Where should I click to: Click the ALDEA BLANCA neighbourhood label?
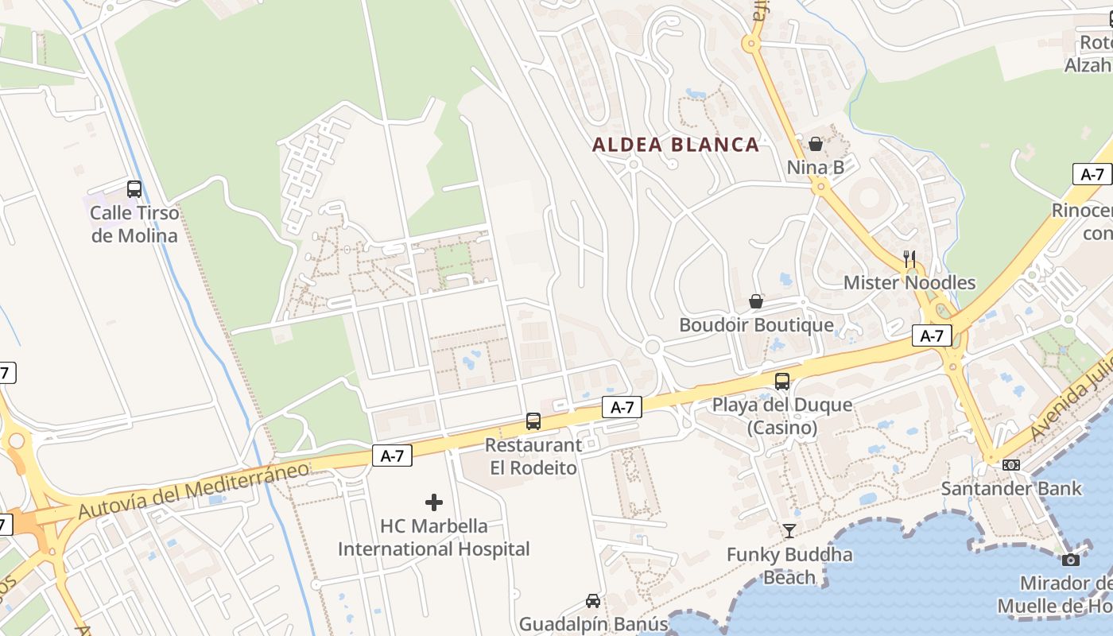(676, 145)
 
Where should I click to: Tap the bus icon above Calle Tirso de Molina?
(134, 189)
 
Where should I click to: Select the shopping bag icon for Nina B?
(815, 144)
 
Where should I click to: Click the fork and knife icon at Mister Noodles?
(909, 258)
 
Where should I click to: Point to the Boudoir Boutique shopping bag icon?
(756, 301)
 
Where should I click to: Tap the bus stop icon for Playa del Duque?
(782, 382)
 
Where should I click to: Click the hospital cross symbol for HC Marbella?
(434, 502)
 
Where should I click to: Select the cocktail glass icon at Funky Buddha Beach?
(789, 531)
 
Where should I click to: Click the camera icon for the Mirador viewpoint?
(1070, 560)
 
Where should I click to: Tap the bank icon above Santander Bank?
(1011, 465)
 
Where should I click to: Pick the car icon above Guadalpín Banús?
(593, 600)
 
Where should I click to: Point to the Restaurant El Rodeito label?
(533, 456)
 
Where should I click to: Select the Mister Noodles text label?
(909, 282)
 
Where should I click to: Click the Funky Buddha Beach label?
(789, 566)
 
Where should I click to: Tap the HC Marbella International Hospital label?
(434, 537)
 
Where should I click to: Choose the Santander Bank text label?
(1011, 488)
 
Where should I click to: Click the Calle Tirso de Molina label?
(134, 224)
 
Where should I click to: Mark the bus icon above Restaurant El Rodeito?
(533, 421)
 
